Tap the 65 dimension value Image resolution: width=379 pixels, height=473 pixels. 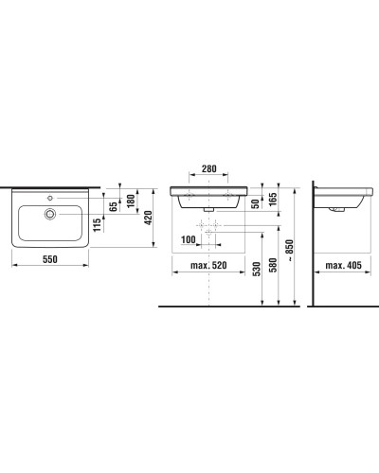coord(113,205)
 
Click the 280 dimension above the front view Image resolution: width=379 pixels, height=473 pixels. coord(208,170)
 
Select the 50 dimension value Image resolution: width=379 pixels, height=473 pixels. coord(255,203)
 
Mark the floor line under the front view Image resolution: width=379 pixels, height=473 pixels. coord(227,307)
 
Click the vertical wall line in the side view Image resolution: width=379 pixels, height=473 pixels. coord(310,246)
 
